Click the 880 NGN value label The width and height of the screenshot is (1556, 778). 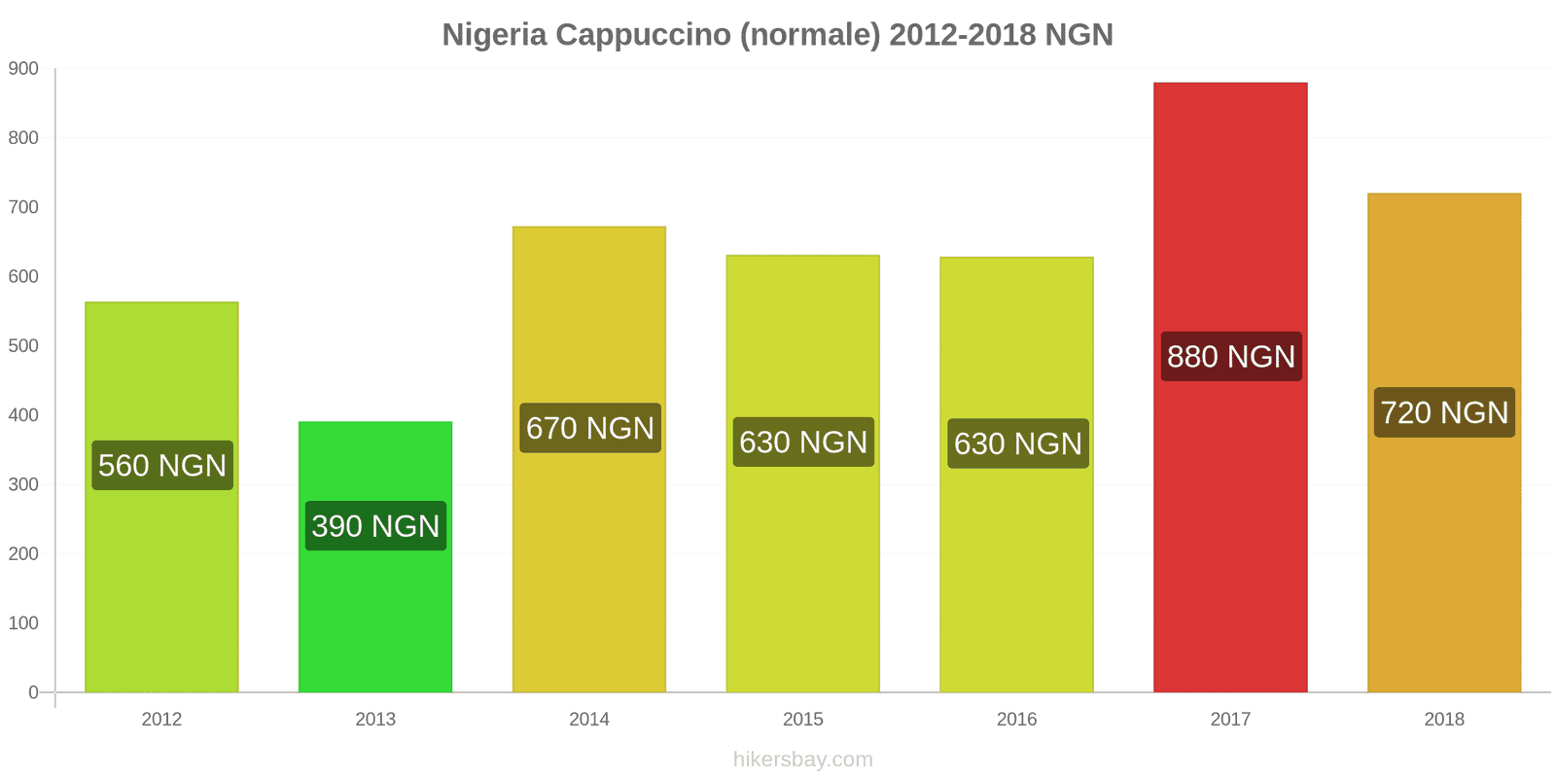[x=1231, y=357]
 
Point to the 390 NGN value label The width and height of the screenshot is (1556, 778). [x=375, y=526]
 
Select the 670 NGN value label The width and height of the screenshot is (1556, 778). [x=590, y=428]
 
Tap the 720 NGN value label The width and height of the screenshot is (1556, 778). [x=1444, y=412]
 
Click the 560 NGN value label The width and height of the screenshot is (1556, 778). [x=162, y=465]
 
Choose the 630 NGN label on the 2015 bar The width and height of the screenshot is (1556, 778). [x=803, y=442]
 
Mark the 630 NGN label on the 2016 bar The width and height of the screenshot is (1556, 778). [x=1017, y=443]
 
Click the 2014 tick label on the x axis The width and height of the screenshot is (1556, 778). [x=589, y=720]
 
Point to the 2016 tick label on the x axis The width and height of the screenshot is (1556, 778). [x=1016, y=720]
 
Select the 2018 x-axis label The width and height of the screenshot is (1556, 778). [x=1444, y=720]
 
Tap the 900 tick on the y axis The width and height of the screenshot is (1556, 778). [x=23, y=69]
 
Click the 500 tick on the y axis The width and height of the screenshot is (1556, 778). [x=23, y=346]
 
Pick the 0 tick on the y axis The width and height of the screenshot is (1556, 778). [x=33, y=692]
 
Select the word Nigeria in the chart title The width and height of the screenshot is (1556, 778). [x=494, y=35]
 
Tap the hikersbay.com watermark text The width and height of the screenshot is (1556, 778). [x=802, y=760]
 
